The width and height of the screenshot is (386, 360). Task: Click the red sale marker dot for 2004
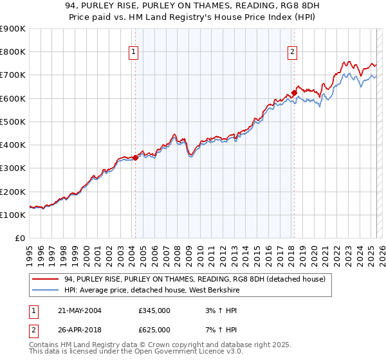[x=136, y=157]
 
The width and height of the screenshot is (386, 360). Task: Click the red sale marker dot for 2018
[x=294, y=92]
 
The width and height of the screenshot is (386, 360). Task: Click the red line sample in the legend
[x=46, y=279]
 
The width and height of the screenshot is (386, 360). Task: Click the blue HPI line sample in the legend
[x=46, y=290]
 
